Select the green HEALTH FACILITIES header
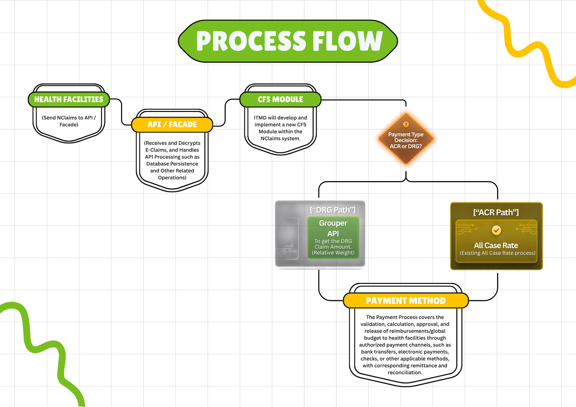[69, 99]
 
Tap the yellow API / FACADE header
[172, 125]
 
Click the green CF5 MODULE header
[280, 99]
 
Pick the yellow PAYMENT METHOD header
[406, 300]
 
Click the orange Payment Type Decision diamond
[406, 139]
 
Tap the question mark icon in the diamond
[406, 125]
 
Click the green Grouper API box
[333, 237]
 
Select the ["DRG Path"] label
[333, 210]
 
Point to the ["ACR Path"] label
[496, 213]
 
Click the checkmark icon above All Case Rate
[496, 230]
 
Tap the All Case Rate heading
[496, 245]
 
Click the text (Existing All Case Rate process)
[498, 253]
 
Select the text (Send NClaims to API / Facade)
[69, 121]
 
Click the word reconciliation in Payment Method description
[405, 372]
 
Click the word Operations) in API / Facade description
[172, 178]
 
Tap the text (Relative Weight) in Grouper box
[333, 253]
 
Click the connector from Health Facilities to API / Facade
[121, 112]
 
